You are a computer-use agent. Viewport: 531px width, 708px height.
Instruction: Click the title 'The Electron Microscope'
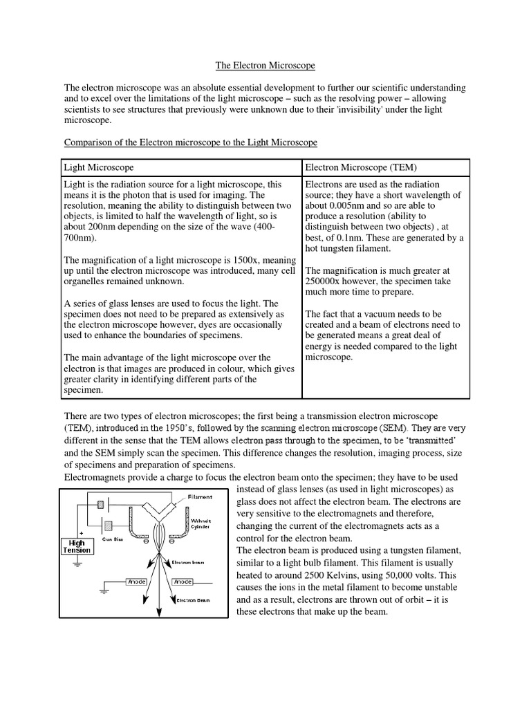265,66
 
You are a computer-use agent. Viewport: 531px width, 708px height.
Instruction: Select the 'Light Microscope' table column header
99,168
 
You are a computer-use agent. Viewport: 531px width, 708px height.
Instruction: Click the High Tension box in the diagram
77,547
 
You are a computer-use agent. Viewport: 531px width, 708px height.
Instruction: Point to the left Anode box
137,582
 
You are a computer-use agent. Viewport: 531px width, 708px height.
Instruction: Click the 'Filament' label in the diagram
200,496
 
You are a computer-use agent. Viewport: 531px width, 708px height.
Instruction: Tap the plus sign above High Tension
80,534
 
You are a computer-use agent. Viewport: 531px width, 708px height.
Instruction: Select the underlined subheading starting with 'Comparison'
191,142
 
